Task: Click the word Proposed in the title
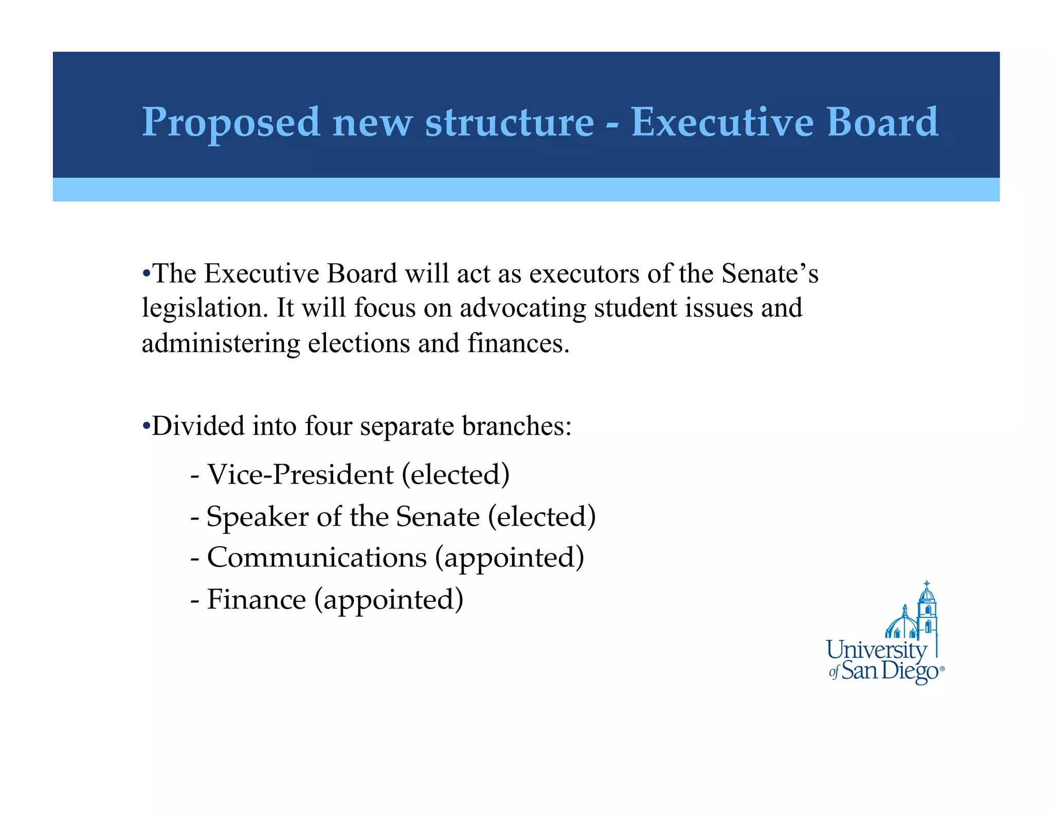(231, 122)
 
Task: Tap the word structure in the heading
(509, 122)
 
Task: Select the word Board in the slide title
(882, 122)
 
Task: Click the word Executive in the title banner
(722, 122)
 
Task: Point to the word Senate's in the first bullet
(769, 273)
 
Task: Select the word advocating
(523, 308)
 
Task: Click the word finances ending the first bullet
(518, 343)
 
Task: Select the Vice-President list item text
(300, 474)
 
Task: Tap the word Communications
(317, 558)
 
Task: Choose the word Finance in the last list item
(256, 600)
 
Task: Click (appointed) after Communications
(510, 558)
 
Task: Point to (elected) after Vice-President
(456, 474)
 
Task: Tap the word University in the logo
(876, 650)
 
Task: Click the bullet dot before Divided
(146, 426)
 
